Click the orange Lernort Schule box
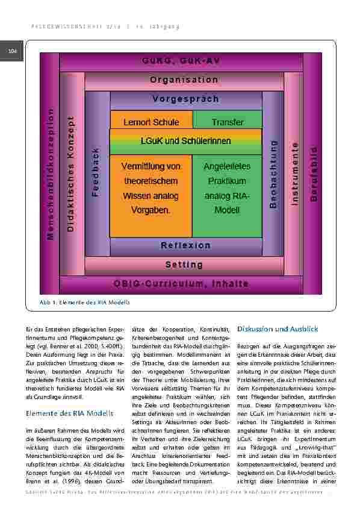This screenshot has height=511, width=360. click(x=151, y=122)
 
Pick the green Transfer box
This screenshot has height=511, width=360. click(x=228, y=122)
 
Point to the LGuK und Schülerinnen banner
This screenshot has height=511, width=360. click(x=185, y=142)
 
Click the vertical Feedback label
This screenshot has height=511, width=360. click(x=95, y=173)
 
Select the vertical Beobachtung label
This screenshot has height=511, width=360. click(x=273, y=174)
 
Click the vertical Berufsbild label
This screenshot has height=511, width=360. click(x=313, y=174)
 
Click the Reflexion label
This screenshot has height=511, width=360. click(x=185, y=245)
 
